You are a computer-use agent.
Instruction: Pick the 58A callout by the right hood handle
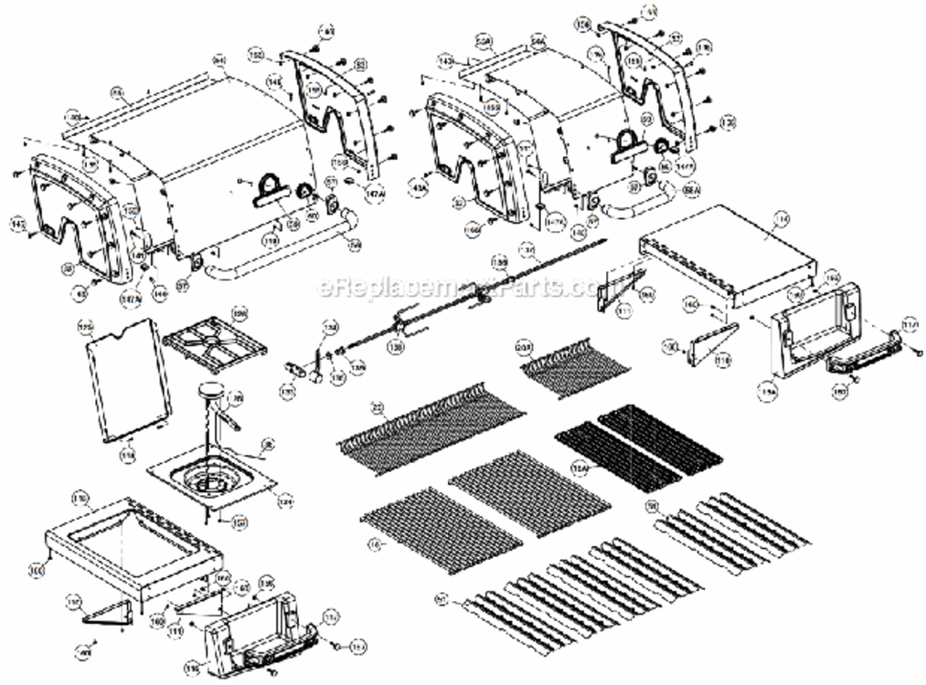(692, 189)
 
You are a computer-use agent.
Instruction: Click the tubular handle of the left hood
(274, 257)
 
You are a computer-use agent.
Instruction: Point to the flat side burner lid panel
(127, 375)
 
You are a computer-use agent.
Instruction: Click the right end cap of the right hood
(663, 82)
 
